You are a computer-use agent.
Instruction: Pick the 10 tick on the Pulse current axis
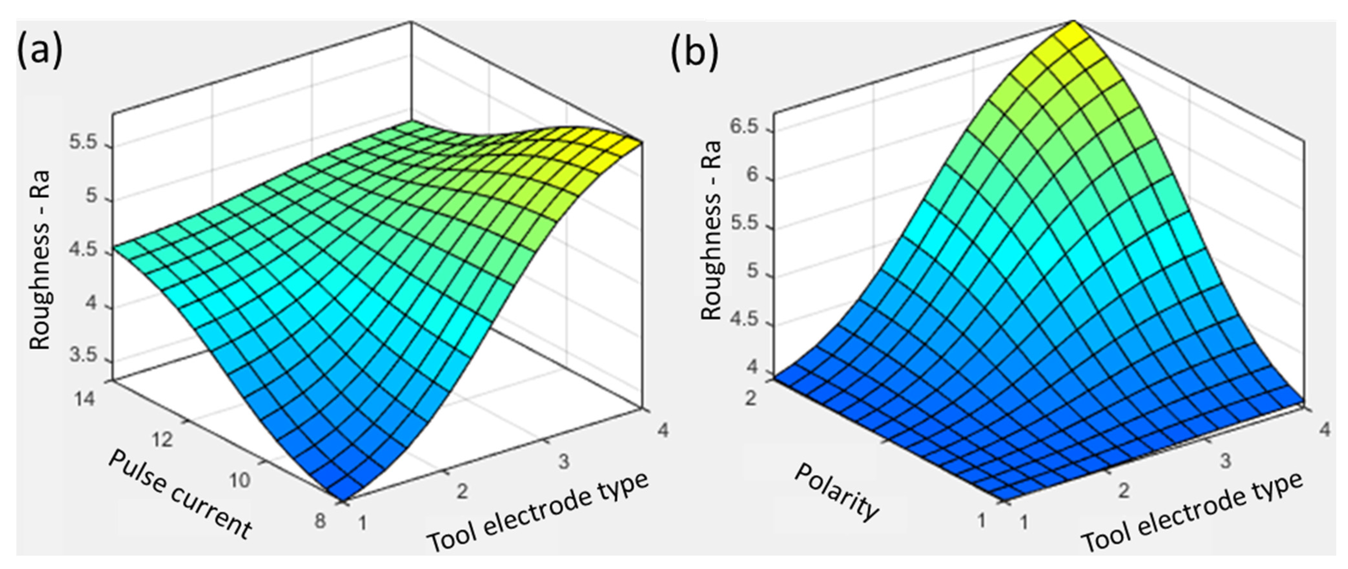(x=240, y=480)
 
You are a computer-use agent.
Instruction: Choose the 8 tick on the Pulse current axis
(x=319, y=521)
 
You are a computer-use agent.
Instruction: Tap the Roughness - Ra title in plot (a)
(x=40, y=260)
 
